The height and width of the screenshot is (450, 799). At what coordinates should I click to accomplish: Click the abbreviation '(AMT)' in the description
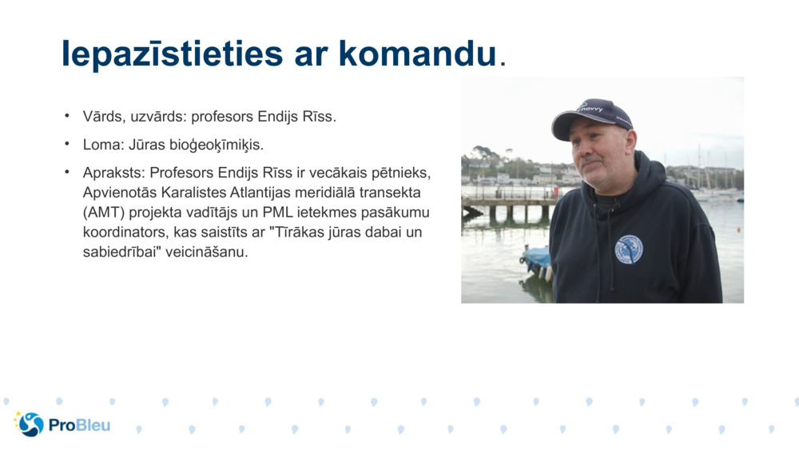(x=103, y=213)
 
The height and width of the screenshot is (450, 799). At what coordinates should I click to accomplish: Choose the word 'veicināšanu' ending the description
(x=211, y=253)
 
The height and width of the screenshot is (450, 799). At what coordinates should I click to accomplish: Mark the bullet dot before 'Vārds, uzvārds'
(x=68, y=116)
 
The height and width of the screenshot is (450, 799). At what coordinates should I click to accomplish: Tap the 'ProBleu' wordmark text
(x=80, y=425)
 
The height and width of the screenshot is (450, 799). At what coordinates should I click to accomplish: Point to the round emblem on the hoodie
(x=629, y=249)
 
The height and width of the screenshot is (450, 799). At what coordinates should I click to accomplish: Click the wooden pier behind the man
(x=507, y=205)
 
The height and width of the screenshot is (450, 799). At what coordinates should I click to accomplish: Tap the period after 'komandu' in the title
(x=502, y=63)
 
